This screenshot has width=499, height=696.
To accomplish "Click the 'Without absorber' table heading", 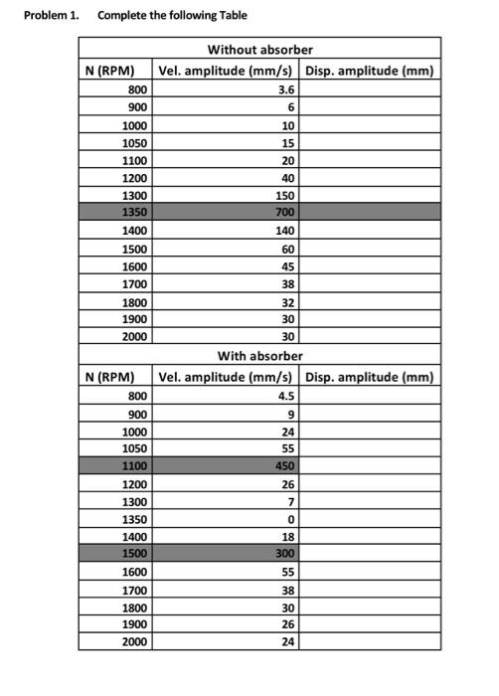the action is [x=259, y=49].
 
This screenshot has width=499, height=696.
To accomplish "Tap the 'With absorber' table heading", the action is [x=259, y=355].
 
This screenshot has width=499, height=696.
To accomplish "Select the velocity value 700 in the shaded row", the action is [x=285, y=212].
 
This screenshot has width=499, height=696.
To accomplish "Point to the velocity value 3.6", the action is [x=287, y=89].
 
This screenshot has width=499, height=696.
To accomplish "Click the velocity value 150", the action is [x=285, y=195].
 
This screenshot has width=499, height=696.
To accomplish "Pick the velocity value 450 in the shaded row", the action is [x=285, y=464].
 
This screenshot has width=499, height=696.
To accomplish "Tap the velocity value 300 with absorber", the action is [x=285, y=552].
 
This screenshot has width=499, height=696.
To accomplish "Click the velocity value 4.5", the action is [x=287, y=395].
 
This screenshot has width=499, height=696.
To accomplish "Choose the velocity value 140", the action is [x=285, y=230].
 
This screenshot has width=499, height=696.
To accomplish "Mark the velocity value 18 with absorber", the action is [x=289, y=535].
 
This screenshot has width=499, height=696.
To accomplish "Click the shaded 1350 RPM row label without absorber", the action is [x=134, y=212].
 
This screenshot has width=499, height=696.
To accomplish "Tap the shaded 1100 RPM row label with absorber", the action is [x=134, y=464].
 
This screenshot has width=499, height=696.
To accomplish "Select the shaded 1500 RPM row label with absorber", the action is [x=134, y=552].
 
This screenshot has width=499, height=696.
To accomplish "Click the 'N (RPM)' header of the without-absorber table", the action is [x=109, y=71].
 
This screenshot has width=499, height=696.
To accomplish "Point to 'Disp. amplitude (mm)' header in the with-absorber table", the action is [x=370, y=377].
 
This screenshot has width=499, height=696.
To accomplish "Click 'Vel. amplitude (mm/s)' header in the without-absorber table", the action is [x=225, y=71].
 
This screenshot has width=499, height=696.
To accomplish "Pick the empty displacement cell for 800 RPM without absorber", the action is [x=370, y=89].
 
